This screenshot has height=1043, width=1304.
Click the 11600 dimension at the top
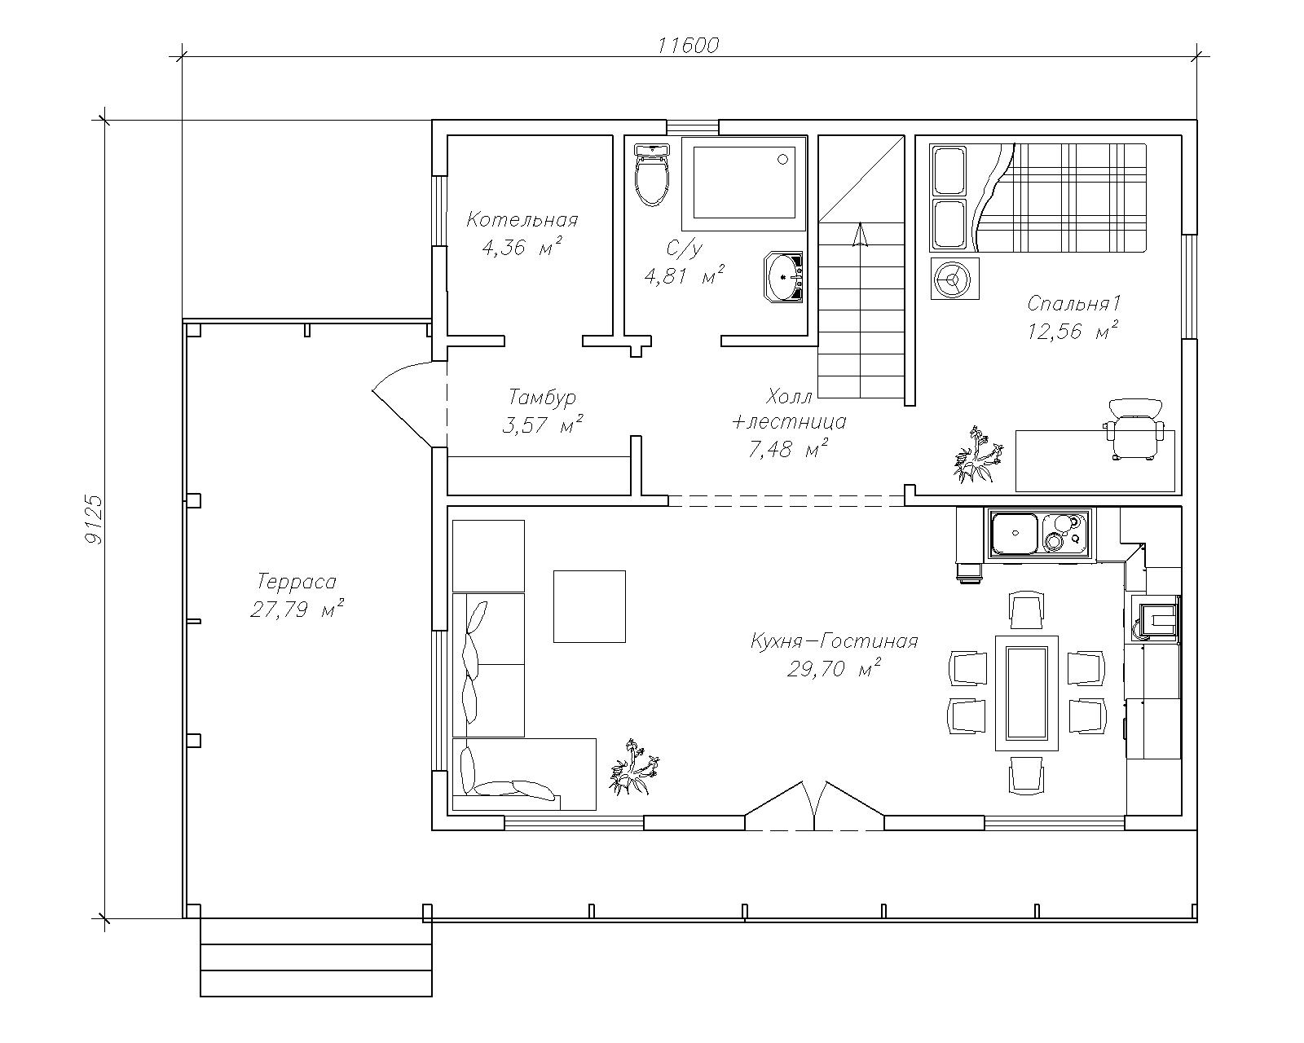tap(689, 46)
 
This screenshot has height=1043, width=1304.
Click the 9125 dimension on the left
tap(95, 520)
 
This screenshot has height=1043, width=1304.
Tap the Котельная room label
tap(522, 219)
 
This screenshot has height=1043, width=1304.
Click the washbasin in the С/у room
tap(784, 277)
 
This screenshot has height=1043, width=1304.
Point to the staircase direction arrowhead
tap(859, 235)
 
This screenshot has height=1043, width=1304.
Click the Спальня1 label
tap(1074, 303)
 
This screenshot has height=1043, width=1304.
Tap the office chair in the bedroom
tap(1134, 429)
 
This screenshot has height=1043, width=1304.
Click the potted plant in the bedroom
tap(975, 455)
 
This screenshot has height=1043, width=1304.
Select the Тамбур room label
tap(542, 397)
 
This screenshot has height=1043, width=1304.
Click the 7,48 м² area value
tap(788, 449)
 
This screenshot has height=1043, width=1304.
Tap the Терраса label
tap(297, 581)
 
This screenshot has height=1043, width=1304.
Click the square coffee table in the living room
tap(589, 606)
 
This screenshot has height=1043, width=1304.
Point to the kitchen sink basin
tap(1014, 534)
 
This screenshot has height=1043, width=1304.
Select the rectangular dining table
tap(1026, 693)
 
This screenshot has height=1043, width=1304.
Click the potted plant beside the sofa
tap(634, 767)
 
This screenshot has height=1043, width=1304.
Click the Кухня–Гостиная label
tap(835, 640)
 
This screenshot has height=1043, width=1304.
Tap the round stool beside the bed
tap(955, 279)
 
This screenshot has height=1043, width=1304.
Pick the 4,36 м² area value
tap(522, 247)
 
